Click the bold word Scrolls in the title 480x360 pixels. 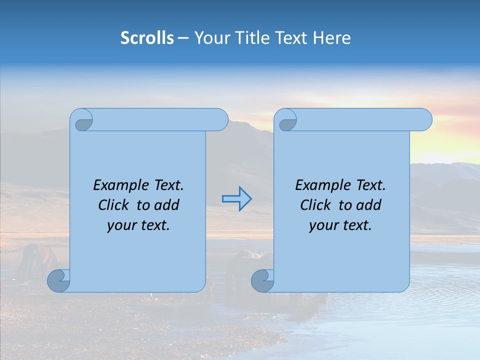click(x=147, y=38)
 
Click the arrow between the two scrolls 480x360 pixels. click(x=236, y=199)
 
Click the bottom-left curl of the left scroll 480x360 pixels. click(x=58, y=280)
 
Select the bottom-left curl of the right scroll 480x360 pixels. click(x=262, y=280)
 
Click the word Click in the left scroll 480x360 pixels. click(x=113, y=205)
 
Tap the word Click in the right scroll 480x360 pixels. click(x=315, y=205)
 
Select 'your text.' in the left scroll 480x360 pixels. click(x=138, y=225)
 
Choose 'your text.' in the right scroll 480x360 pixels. click(x=340, y=225)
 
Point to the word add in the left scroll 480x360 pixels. click(x=166, y=205)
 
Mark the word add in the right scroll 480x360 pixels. click(x=368, y=205)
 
